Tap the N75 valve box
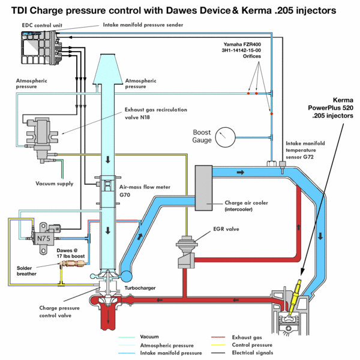coord(43,238)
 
